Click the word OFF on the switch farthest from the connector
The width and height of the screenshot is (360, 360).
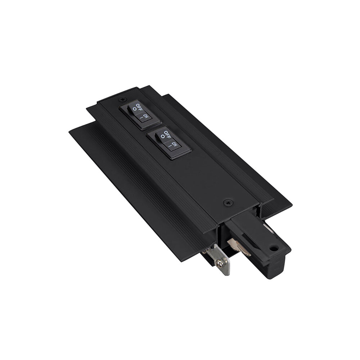[139, 107]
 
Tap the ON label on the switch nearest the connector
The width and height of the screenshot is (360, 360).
[175, 144]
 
